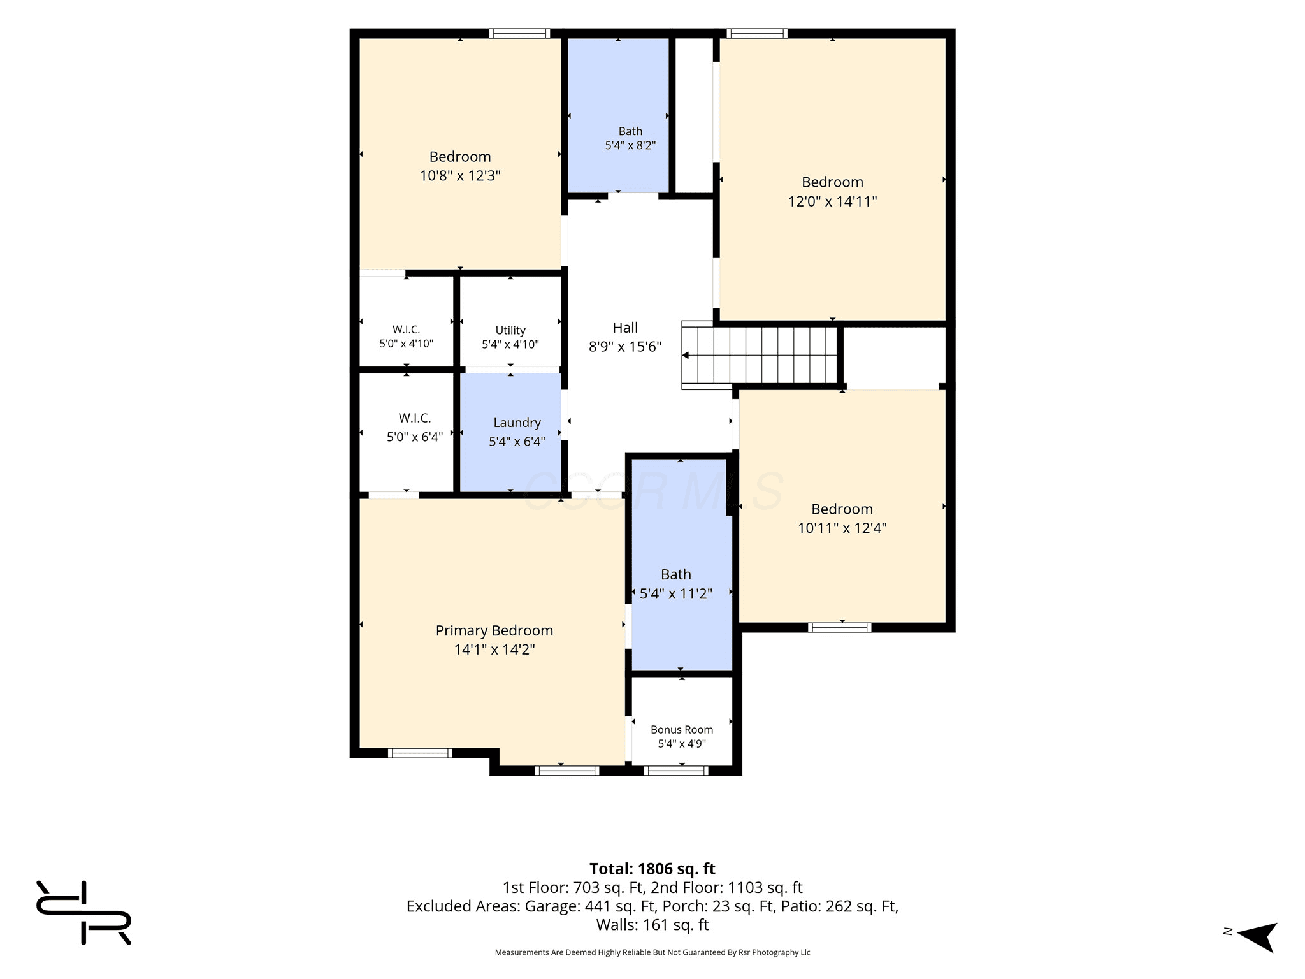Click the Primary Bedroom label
[494, 630]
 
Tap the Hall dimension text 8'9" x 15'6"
[625, 347]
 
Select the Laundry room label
[517, 423]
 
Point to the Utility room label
[510, 330]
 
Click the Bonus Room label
[682, 729]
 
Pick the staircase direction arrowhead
[686, 355]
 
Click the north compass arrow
[1257, 936]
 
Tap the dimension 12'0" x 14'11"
[832, 201]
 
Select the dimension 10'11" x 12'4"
[842, 528]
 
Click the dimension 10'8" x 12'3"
[460, 175]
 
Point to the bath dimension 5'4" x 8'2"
[630, 145]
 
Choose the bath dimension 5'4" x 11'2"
[675, 593]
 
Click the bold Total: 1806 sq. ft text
[652, 869]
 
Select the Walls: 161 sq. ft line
[652, 924]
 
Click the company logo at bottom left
[83, 912]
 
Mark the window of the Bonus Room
[676, 771]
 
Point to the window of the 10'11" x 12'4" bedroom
[839, 627]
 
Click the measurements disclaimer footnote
[652, 952]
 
